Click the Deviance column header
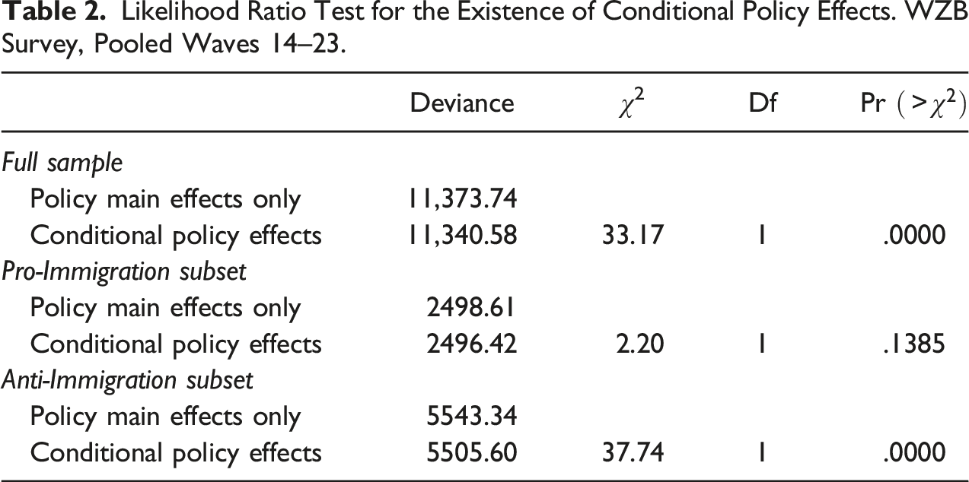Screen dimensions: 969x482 pyautogui.click(x=462, y=103)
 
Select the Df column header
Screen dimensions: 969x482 pyautogui.click(x=763, y=103)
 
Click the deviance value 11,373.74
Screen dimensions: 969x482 pyautogui.click(x=463, y=199)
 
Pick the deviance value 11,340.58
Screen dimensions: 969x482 pyautogui.click(x=463, y=236)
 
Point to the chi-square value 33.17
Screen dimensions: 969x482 pyautogui.click(x=633, y=236)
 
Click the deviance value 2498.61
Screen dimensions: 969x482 pyautogui.click(x=471, y=308)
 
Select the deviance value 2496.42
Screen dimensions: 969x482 pyautogui.click(x=471, y=344)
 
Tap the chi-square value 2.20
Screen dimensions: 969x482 pyautogui.click(x=640, y=344)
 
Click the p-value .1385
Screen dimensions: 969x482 pyautogui.click(x=913, y=344)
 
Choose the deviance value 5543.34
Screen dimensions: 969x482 pyautogui.click(x=471, y=417)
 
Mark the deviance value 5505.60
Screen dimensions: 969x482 pyautogui.click(x=471, y=453)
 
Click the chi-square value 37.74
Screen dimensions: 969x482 pyautogui.click(x=633, y=453)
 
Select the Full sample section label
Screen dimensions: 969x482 pyautogui.click(x=62, y=163)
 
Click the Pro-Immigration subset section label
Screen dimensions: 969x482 pyautogui.click(x=124, y=272)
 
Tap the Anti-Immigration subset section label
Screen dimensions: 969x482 pyautogui.click(x=127, y=381)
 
